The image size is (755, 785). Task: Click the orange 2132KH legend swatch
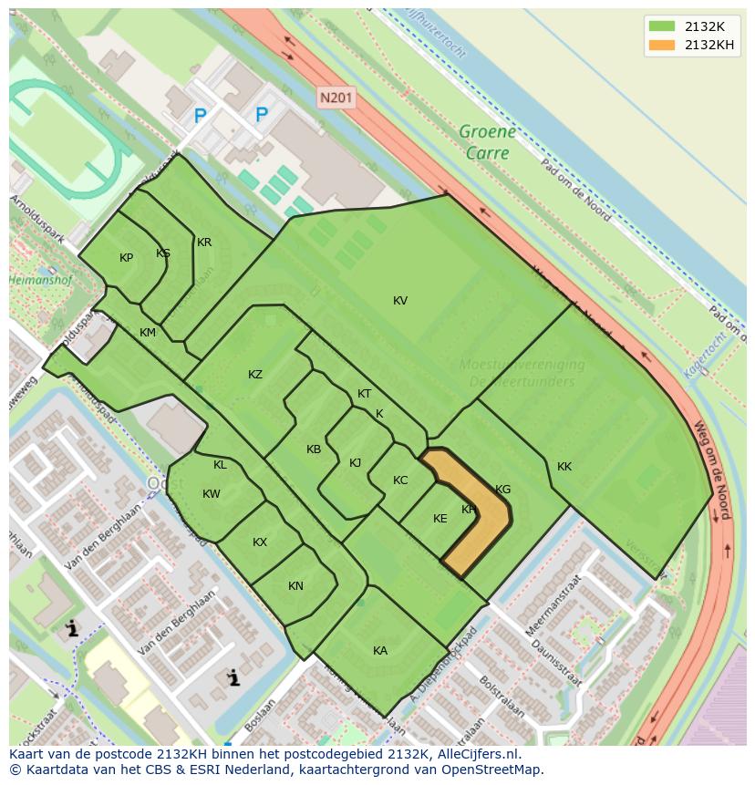662,45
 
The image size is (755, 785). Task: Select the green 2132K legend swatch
662,26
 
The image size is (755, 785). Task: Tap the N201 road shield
336,97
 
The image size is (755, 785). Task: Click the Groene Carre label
487,142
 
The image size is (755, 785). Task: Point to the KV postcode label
400,301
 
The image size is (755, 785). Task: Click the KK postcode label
564,467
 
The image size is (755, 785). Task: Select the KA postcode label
380,651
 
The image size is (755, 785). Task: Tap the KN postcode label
295,586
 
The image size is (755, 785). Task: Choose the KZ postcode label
255,375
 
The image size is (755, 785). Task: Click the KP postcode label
127,258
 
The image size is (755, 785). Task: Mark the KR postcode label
204,243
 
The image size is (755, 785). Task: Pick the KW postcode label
212,494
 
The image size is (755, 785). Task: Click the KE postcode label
440,519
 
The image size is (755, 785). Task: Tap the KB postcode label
314,449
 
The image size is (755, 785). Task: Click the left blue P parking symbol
201,116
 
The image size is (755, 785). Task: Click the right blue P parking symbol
262,115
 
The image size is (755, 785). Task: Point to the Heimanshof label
40,281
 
